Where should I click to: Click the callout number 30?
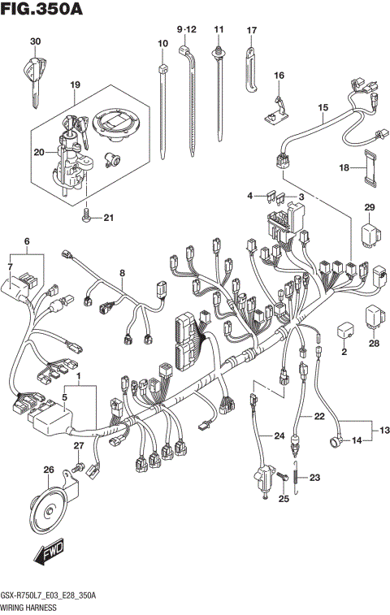click(34, 41)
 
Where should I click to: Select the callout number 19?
click(75, 84)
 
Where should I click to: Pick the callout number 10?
click(162, 42)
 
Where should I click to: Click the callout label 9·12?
click(187, 29)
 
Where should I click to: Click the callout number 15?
click(322, 106)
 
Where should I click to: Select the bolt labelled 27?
click(78, 468)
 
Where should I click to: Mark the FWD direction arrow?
click(48, 555)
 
